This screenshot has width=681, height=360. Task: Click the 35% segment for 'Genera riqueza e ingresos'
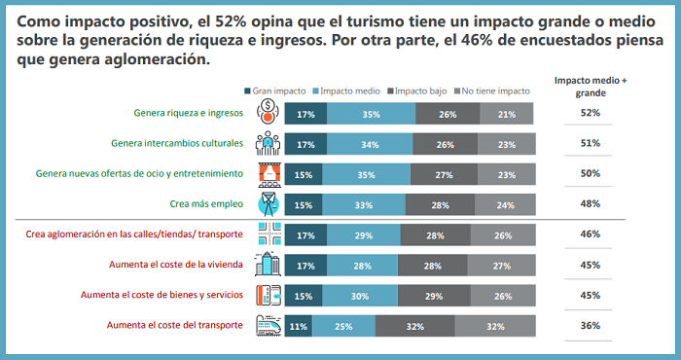371,114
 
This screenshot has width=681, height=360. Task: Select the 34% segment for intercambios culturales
370,144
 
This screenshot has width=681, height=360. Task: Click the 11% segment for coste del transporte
298,326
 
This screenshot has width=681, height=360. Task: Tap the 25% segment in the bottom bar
343,326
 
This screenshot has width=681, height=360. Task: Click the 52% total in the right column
591,113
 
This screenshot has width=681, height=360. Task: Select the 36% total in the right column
591,326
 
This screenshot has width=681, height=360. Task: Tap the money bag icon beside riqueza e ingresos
267,113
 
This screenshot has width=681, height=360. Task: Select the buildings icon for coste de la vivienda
267,265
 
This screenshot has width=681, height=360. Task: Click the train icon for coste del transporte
267,326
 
